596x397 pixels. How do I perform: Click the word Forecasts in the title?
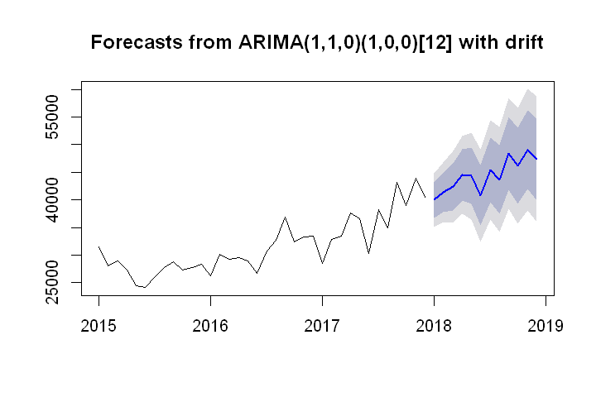[x=130, y=42]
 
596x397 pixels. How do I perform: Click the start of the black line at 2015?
[x=99, y=246]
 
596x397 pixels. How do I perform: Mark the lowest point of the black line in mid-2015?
[x=146, y=287]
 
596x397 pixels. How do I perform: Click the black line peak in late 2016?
[x=285, y=218]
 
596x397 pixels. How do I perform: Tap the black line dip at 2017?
[x=322, y=263]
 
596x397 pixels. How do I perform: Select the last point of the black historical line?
[x=425, y=197]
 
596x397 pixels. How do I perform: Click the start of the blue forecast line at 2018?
[x=434, y=199]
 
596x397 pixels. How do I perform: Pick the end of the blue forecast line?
[x=536, y=159]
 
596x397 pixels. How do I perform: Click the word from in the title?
[x=193, y=42]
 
